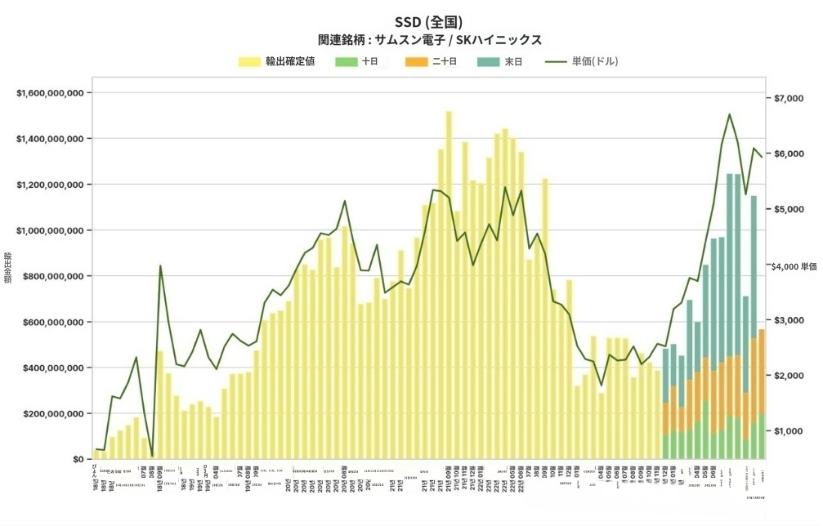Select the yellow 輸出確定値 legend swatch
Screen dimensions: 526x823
coord(249,61)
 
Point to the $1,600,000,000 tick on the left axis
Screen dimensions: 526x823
coord(51,93)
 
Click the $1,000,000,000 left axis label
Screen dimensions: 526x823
coord(51,230)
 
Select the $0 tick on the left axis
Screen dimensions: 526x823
coord(80,459)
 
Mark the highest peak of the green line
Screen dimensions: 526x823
coord(729,114)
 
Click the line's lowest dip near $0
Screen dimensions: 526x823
coord(152,454)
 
